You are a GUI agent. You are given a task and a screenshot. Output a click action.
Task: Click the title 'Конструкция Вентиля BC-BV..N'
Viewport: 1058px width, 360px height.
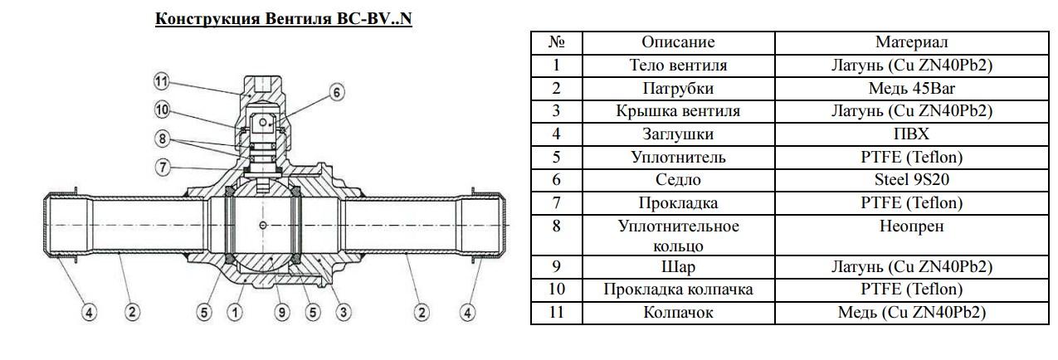pyautogui.click(x=283, y=18)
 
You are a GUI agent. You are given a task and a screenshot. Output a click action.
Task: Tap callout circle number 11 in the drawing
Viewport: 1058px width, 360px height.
pyautogui.click(x=163, y=81)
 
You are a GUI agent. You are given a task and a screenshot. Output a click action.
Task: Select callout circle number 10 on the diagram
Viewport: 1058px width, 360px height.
pyautogui.click(x=163, y=109)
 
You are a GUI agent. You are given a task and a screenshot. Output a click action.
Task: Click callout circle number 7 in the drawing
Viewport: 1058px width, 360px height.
pyautogui.click(x=163, y=167)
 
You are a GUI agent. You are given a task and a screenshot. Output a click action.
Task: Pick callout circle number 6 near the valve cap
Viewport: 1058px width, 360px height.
pyautogui.click(x=336, y=92)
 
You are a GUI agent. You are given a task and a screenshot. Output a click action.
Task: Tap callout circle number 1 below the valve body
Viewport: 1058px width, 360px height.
pyautogui.click(x=236, y=313)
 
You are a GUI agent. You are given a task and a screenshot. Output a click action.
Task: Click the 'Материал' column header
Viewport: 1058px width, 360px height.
pyautogui.click(x=911, y=42)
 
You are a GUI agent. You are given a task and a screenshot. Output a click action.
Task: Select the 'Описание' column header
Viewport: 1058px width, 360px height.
pyautogui.click(x=678, y=42)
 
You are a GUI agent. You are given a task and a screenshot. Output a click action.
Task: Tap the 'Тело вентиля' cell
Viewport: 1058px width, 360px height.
pyautogui.click(x=678, y=65)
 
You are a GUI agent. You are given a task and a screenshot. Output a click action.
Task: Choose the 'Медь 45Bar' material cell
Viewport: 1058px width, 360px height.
pyautogui.click(x=911, y=88)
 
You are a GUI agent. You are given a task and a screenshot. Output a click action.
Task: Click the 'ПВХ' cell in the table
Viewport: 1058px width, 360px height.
pyautogui.click(x=911, y=134)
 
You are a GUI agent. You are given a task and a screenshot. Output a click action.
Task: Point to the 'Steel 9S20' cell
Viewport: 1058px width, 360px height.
pyautogui.click(x=911, y=180)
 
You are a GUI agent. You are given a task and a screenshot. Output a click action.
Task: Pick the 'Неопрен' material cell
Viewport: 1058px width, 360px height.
pyautogui.click(x=911, y=226)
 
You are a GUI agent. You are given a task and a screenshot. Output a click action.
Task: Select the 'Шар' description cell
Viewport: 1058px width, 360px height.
pyautogui.click(x=678, y=267)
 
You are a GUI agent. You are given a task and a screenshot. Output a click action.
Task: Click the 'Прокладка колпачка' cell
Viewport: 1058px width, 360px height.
pyautogui.click(x=678, y=289)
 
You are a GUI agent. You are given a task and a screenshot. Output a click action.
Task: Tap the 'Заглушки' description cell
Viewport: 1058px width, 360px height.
pyautogui.click(x=678, y=134)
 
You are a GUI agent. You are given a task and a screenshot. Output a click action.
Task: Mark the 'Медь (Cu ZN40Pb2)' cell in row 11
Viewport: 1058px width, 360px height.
pyautogui.click(x=911, y=313)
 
